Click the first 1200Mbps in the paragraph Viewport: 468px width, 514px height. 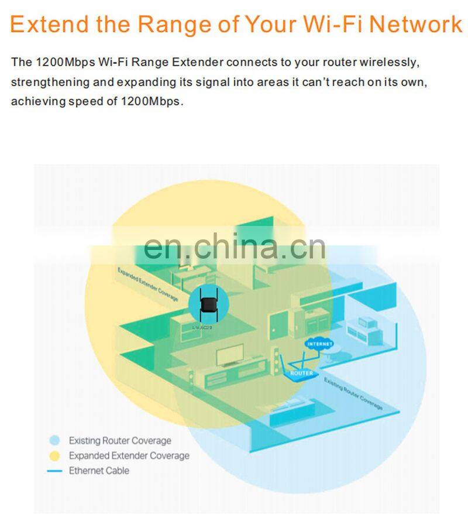pos(58,62)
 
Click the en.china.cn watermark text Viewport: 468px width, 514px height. pos(234,246)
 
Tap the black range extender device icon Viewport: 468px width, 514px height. pos(206,305)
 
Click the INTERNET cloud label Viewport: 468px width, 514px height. pos(319,344)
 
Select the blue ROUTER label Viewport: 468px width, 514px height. pos(302,373)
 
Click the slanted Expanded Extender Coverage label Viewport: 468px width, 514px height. pos(147,285)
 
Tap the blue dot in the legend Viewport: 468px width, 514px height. pos(55,440)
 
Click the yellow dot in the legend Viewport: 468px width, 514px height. pos(55,455)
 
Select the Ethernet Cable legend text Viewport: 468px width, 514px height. pos(99,471)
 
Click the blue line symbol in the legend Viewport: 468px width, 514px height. pos(55,471)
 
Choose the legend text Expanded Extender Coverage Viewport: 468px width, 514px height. pos(129,455)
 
